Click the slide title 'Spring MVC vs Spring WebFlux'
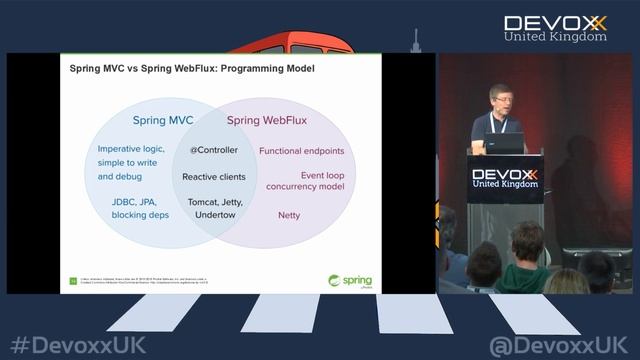191,70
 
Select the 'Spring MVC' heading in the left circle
163,121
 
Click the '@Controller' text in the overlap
214,150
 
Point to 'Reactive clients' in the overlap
214,176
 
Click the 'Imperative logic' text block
131,162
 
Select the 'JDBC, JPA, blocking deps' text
139,208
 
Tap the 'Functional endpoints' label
301,151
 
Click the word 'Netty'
289,215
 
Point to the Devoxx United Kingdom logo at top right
554,27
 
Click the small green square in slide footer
72,281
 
